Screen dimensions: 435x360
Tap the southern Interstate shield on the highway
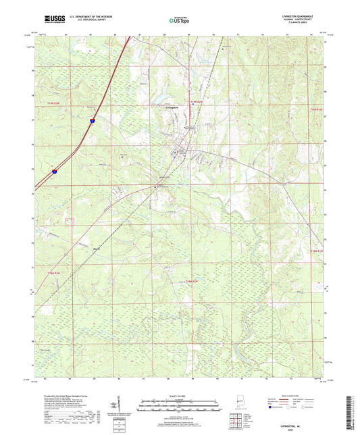(x=53, y=172)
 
